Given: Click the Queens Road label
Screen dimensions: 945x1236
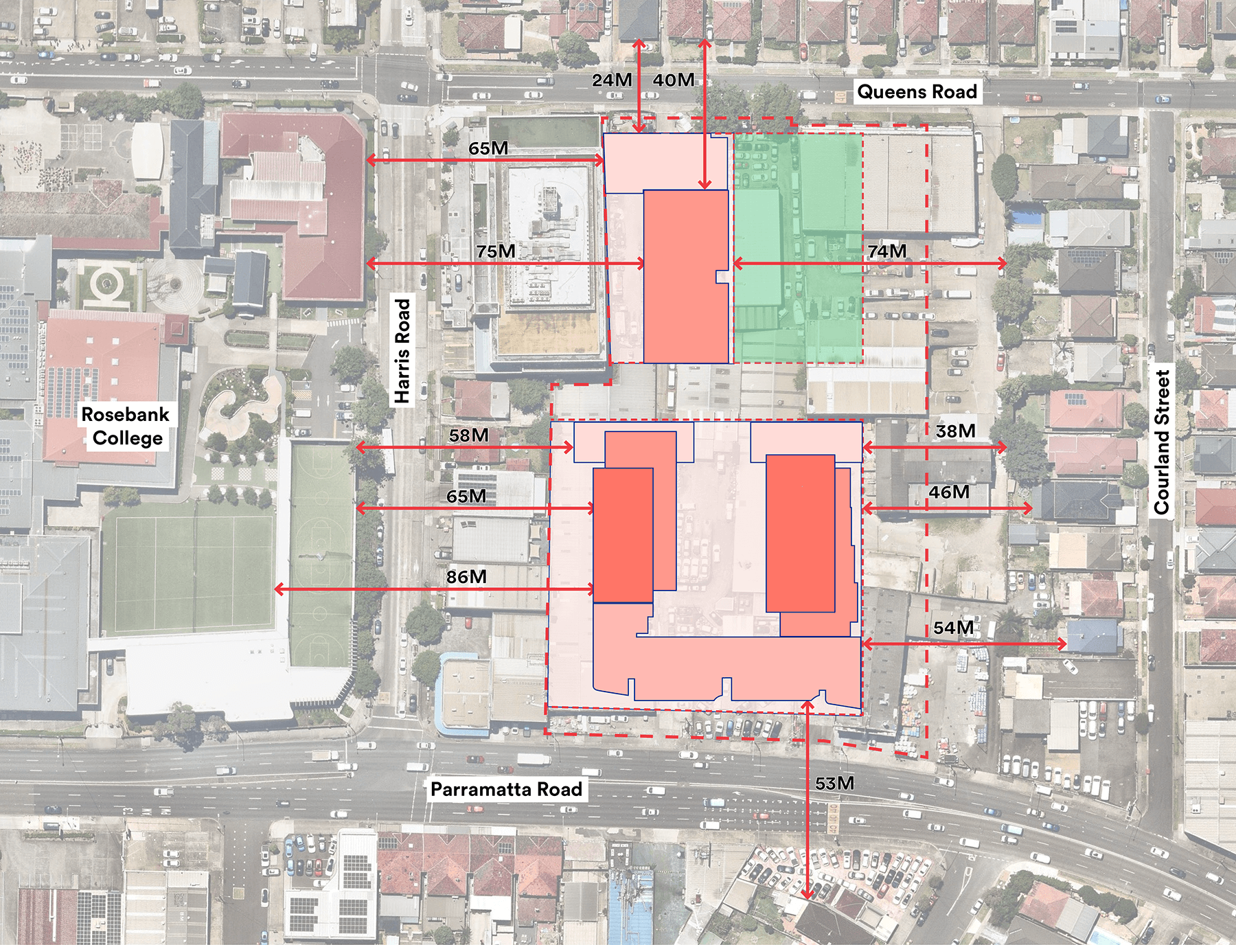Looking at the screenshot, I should pyautogui.click(x=917, y=92).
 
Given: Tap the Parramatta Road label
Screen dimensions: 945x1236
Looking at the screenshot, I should pyautogui.click(x=506, y=790).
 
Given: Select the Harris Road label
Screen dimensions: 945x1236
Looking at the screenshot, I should pyautogui.click(x=402, y=350).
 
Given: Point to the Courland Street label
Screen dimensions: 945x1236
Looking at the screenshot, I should pyautogui.click(x=1161, y=442).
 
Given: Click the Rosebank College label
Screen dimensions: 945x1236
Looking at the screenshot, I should pyautogui.click(x=126, y=426).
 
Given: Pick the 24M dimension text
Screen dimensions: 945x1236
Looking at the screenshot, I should pyautogui.click(x=612, y=80).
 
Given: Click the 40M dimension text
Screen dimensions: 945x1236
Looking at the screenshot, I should pyautogui.click(x=673, y=80).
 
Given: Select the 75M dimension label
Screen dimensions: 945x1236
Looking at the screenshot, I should pyautogui.click(x=496, y=252).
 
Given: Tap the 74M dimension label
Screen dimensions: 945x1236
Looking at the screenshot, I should pyautogui.click(x=886, y=252).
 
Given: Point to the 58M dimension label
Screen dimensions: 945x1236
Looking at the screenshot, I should pyautogui.click(x=469, y=435).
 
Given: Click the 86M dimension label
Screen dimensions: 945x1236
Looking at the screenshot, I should pyautogui.click(x=466, y=577).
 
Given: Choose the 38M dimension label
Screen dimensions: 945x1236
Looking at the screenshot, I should pyautogui.click(x=955, y=431).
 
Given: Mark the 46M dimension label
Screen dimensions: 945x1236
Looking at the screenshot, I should pyautogui.click(x=949, y=492).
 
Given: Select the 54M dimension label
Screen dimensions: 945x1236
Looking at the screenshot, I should pyautogui.click(x=953, y=628).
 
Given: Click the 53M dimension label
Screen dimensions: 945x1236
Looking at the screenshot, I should pyautogui.click(x=834, y=784).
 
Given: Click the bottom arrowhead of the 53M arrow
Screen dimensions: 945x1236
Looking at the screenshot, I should pyautogui.click(x=808, y=896).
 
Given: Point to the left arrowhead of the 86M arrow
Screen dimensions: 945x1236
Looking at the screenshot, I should pyautogui.click(x=277, y=589).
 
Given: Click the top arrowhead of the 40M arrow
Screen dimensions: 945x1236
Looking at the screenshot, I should pyautogui.click(x=705, y=43).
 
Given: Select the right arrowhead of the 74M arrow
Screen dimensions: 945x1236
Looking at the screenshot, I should pyautogui.click(x=1004, y=263).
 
